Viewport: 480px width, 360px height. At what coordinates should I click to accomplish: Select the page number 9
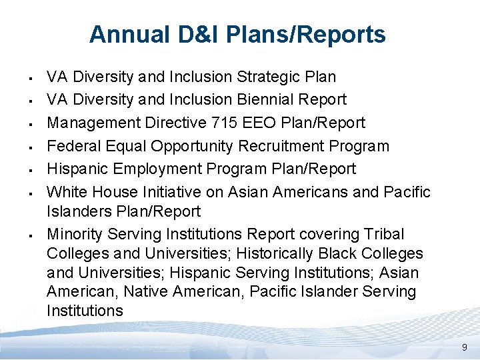click(465, 347)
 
